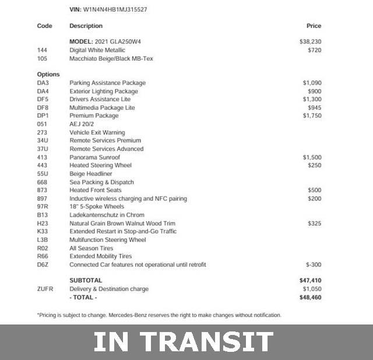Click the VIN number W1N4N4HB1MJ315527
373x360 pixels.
point(114,10)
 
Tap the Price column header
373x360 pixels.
point(314,26)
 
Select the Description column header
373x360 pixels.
point(86,26)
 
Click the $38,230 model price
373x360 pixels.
point(310,42)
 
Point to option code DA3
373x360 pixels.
point(43,83)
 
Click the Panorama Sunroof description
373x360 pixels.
point(94,157)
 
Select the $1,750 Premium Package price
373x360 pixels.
point(312,116)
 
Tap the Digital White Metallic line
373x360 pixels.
point(97,50)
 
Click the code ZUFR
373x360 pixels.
point(45,289)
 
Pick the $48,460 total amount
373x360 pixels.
point(310,297)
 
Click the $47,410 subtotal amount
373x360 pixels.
point(310,281)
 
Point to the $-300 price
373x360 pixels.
point(313,264)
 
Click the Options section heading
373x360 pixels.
point(48,75)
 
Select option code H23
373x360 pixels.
point(43,223)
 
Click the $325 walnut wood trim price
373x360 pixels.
point(314,223)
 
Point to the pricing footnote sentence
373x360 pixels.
point(159,315)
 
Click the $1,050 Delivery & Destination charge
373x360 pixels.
point(312,289)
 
